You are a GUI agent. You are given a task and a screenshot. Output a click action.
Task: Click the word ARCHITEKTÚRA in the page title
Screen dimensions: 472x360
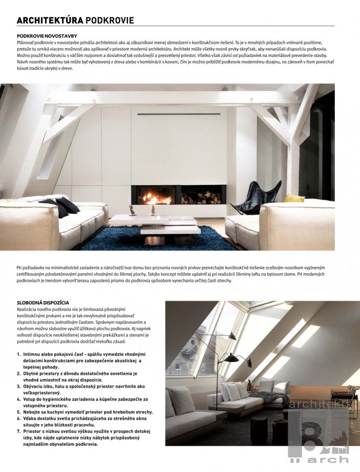(50, 20)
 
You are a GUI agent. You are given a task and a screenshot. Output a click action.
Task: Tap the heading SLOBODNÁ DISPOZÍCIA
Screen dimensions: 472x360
(43, 303)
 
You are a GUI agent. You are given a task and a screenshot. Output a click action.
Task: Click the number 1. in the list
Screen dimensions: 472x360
(19, 355)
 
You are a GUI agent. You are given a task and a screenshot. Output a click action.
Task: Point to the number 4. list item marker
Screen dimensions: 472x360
(19, 399)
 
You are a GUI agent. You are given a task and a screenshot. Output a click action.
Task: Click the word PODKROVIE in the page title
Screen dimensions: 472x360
(110, 20)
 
